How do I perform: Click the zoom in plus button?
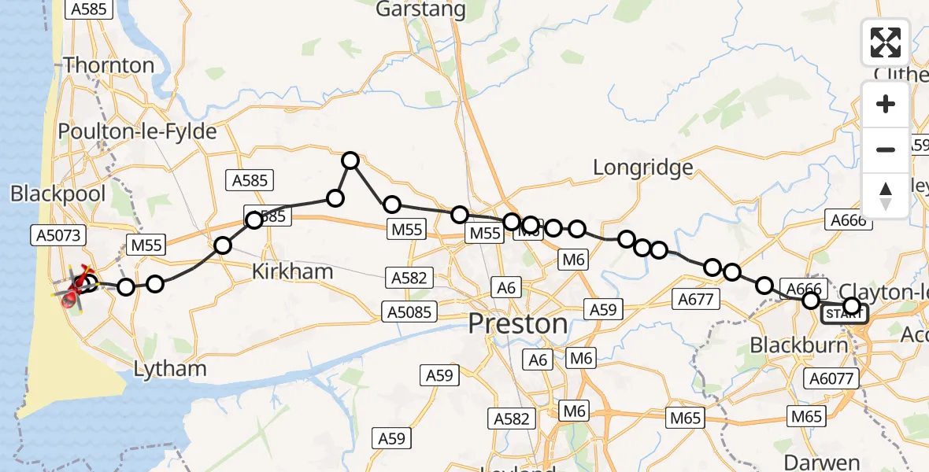tap(886, 104)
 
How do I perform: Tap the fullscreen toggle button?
tap(886, 42)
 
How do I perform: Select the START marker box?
tap(844, 315)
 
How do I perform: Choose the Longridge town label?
tap(642, 167)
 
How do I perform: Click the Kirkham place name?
tap(292, 272)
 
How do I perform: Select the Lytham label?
tap(170, 368)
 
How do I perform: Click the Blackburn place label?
tap(798, 345)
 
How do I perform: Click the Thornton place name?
tap(109, 65)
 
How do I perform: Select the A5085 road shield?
tap(409, 312)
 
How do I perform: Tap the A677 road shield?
tap(695, 298)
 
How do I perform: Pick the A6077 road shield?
tap(831, 379)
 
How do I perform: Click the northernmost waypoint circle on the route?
tap(350, 160)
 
